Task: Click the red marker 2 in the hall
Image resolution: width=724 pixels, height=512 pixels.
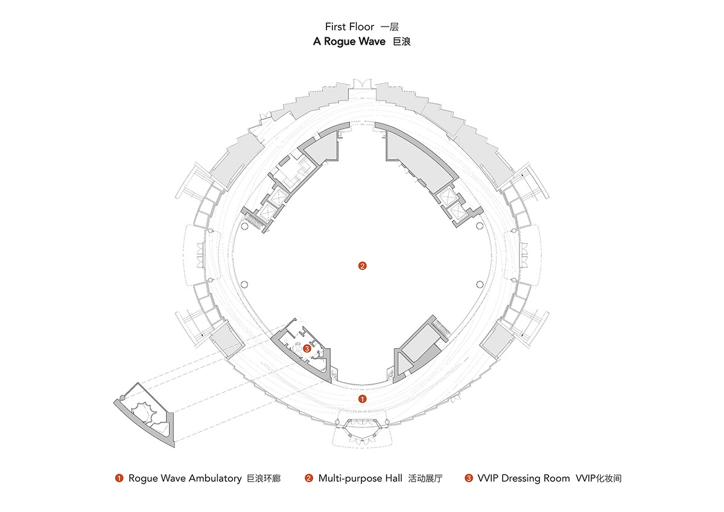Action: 362,266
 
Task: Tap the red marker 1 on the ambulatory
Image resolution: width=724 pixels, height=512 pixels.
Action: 363,399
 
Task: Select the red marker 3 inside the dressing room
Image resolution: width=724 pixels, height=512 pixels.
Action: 307,348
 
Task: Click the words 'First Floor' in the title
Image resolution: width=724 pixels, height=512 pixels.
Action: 349,27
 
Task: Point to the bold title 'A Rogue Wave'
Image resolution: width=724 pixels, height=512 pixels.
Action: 349,42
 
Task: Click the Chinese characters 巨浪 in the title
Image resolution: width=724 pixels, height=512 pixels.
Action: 401,42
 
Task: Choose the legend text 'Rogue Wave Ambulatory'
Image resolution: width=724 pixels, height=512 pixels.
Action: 184,478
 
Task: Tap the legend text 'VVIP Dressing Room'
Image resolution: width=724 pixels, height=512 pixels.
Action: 523,478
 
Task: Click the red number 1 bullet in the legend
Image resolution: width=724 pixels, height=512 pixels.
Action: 119,479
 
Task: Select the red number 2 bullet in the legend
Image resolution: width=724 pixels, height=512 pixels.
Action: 309,479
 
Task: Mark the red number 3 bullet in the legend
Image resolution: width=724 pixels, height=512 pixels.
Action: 468,479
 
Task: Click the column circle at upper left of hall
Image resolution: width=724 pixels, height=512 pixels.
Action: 244,226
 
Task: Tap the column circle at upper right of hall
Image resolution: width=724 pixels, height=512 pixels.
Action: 480,226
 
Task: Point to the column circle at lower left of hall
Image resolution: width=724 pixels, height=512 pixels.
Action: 244,284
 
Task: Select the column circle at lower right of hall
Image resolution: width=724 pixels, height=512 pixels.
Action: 480,284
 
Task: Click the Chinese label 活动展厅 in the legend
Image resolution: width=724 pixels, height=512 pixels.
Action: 425,478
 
